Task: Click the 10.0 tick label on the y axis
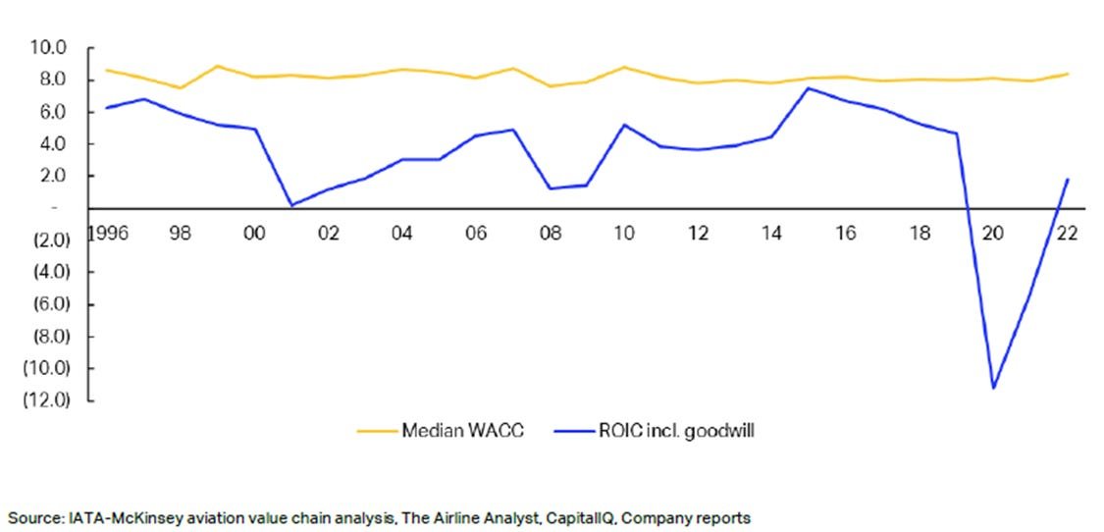pyautogui.click(x=46, y=48)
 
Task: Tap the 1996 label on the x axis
pyautogui.click(x=108, y=234)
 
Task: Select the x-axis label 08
pyautogui.click(x=551, y=234)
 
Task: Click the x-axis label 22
pyautogui.click(x=1067, y=234)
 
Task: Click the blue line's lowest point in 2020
pyautogui.click(x=993, y=388)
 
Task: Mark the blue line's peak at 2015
pyautogui.click(x=809, y=88)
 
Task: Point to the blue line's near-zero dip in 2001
pyautogui.click(x=292, y=205)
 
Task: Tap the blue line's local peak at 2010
pyautogui.click(x=624, y=125)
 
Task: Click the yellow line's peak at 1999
pyautogui.click(x=218, y=66)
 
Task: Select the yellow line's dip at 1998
pyautogui.click(x=182, y=88)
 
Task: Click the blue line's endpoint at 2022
pyautogui.click(x=1068, y=179)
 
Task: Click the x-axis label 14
pyautogui.click(x=771, y=234)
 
